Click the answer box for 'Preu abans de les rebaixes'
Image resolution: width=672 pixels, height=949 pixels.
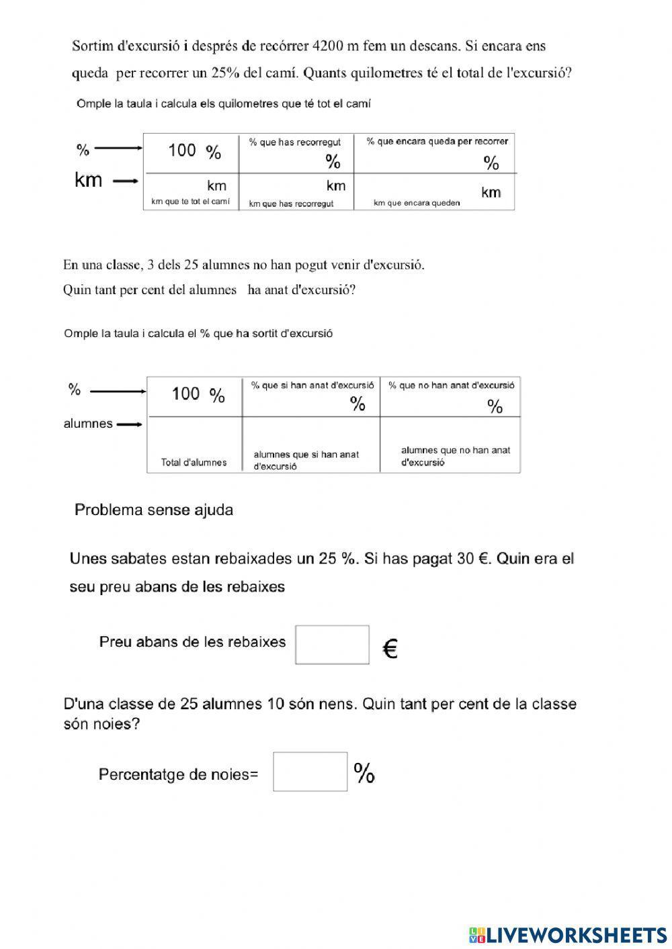[x=332, y=645]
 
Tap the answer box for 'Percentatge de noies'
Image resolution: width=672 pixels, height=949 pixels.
[x=310, y=772]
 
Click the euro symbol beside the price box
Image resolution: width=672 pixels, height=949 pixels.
[x=390, y=649]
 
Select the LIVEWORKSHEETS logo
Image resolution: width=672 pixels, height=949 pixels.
[x=567, y=934]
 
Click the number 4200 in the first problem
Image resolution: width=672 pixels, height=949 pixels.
[x=329, y=46]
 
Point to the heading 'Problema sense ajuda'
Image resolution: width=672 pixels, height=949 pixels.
[x=154, y=510]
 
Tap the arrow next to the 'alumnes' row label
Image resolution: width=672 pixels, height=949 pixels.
[x=129, y=424]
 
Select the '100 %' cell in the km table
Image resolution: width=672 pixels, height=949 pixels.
[x=194, y=151]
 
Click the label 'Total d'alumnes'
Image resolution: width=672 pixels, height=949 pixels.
[x=194, y=462]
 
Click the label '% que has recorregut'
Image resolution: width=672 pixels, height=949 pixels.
[x=294, y=142]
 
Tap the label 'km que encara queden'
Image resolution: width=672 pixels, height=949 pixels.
[x=417, y=203]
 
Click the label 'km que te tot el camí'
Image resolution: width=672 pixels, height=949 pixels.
[x=190, y=201]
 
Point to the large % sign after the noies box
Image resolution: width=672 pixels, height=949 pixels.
[x=364, y=773]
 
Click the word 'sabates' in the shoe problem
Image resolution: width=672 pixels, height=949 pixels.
[x=143, y=559]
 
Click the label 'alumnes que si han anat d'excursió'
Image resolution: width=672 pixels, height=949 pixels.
[x=306, y=460]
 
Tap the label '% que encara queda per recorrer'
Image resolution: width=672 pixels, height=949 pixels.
[x=437, y=141]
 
